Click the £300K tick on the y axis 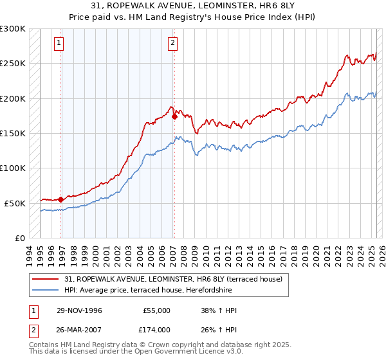pos(13,29)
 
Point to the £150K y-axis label pos(13,133)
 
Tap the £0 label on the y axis pos(19,238)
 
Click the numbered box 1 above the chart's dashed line pos(59,43)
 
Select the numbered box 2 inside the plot pos(173,43)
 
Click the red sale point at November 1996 pos(61,199)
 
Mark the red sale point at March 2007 pos(174,117)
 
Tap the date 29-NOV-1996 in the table pos(79,310)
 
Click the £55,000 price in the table pos(156,310)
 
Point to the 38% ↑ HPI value pos(219,310)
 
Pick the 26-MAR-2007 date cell pos(79,329)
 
